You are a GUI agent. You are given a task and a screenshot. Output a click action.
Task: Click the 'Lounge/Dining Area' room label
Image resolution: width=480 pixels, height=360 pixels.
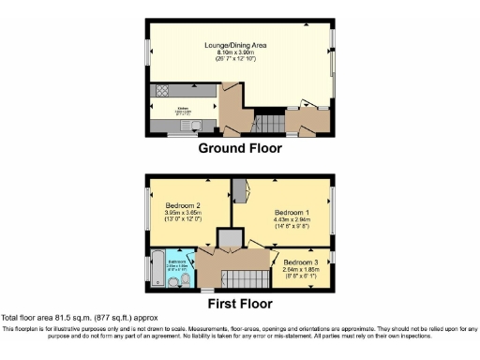tap(239, 44)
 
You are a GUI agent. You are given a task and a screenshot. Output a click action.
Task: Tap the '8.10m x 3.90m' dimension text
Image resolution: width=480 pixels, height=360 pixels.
tap(239, 52)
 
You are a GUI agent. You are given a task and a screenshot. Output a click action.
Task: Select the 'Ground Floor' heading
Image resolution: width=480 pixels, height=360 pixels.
tap(239, 147)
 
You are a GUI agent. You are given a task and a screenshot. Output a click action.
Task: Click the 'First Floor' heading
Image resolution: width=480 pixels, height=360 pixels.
tap(239, 304)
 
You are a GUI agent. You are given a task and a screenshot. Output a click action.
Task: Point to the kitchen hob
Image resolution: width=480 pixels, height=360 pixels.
tap(160, 92)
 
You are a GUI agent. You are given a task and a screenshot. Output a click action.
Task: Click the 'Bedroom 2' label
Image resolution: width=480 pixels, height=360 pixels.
tap(185, 206)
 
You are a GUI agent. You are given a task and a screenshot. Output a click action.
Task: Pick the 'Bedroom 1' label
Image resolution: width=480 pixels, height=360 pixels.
tap(281, 212)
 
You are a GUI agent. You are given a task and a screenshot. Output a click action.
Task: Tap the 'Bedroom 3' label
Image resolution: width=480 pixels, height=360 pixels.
tap(302, 261)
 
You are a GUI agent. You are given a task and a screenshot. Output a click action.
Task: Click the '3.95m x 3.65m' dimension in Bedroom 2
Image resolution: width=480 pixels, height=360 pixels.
tap(185, 215)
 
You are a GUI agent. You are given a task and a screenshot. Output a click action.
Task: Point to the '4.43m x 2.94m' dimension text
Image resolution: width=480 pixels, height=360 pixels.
tap(281, 220)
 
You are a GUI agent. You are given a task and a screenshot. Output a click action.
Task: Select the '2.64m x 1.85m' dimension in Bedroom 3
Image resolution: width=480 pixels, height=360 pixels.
tap(302, 269)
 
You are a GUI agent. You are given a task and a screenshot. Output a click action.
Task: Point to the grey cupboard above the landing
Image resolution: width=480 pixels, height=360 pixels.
tap(228, 238)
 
